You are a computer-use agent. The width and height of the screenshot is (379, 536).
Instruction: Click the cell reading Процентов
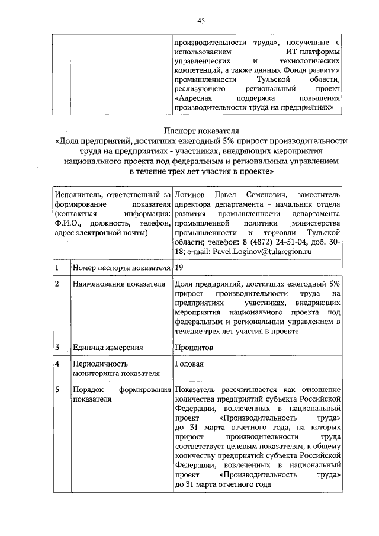point(194,347)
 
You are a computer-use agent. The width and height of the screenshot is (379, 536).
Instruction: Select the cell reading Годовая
point(189,364)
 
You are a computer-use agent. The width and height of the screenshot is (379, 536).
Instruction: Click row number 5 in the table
point(57,389)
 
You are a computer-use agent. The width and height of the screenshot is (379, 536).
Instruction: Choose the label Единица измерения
point(108,347)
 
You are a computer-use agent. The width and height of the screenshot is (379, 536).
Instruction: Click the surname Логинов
point(191,194)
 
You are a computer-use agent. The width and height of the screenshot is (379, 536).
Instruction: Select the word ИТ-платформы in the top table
point(309,52)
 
